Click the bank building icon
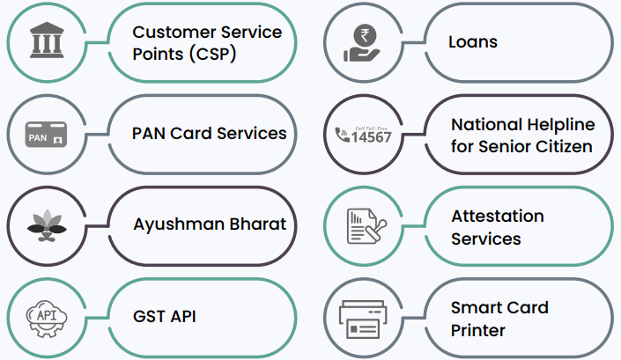45,41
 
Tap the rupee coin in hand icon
362,41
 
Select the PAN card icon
45,134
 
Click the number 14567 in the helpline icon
370,136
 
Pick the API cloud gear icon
45,315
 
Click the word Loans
473,41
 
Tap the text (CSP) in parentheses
211,53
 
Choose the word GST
149,315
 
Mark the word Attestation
498,216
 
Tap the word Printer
478,331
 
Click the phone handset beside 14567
343,136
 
